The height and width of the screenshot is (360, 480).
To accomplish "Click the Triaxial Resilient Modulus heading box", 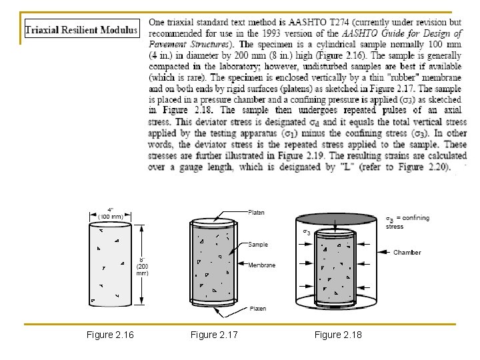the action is tap(81, 30).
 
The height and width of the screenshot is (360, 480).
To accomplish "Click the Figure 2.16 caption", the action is tap(110, 334).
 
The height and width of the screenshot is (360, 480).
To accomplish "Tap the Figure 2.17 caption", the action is tap(214, 334).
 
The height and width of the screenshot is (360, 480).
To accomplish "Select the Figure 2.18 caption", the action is tap(338, 334).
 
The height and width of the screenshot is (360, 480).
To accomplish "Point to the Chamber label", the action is tap(407, 253).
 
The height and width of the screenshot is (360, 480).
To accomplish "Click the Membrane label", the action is tap(261, 265).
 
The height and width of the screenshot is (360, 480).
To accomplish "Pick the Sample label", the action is tap(258, 245).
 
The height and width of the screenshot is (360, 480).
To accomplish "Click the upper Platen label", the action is tap(256, 213).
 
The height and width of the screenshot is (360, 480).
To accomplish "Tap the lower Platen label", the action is tap(257, 309).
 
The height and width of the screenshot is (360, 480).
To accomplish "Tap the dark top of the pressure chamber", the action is tap(337, 219).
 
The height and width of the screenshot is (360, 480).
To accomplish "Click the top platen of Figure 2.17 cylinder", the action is tap(213, 221).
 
